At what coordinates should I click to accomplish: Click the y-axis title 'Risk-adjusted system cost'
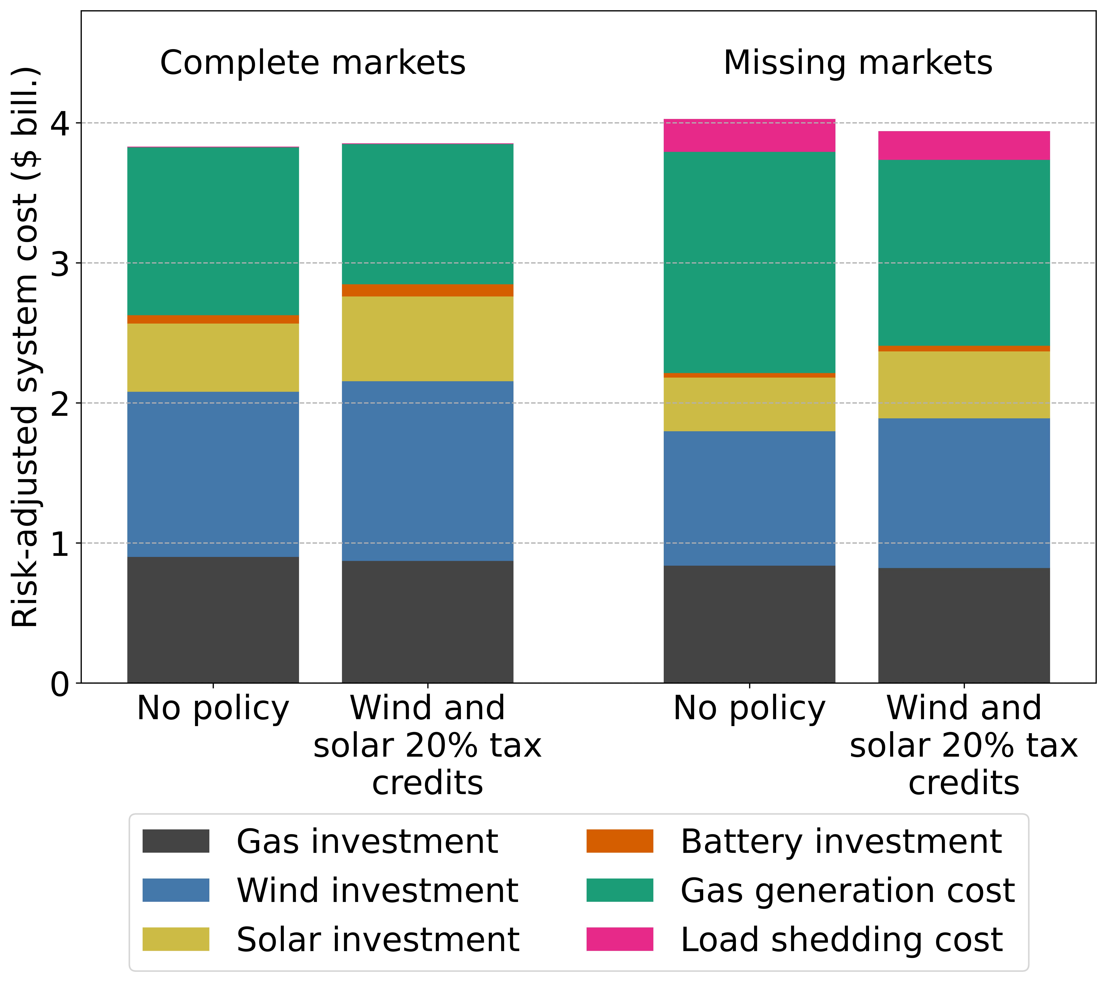click(x=25, y=347)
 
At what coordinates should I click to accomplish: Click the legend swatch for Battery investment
click(x=620, y=841)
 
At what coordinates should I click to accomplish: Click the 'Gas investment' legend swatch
click(x=176, y=841)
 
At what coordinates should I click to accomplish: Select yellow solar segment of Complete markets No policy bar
click(x=213, y=357)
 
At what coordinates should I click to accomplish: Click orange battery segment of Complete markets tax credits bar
click(x=427, y=290)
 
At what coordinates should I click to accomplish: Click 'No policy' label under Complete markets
click(x=213, y=708)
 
